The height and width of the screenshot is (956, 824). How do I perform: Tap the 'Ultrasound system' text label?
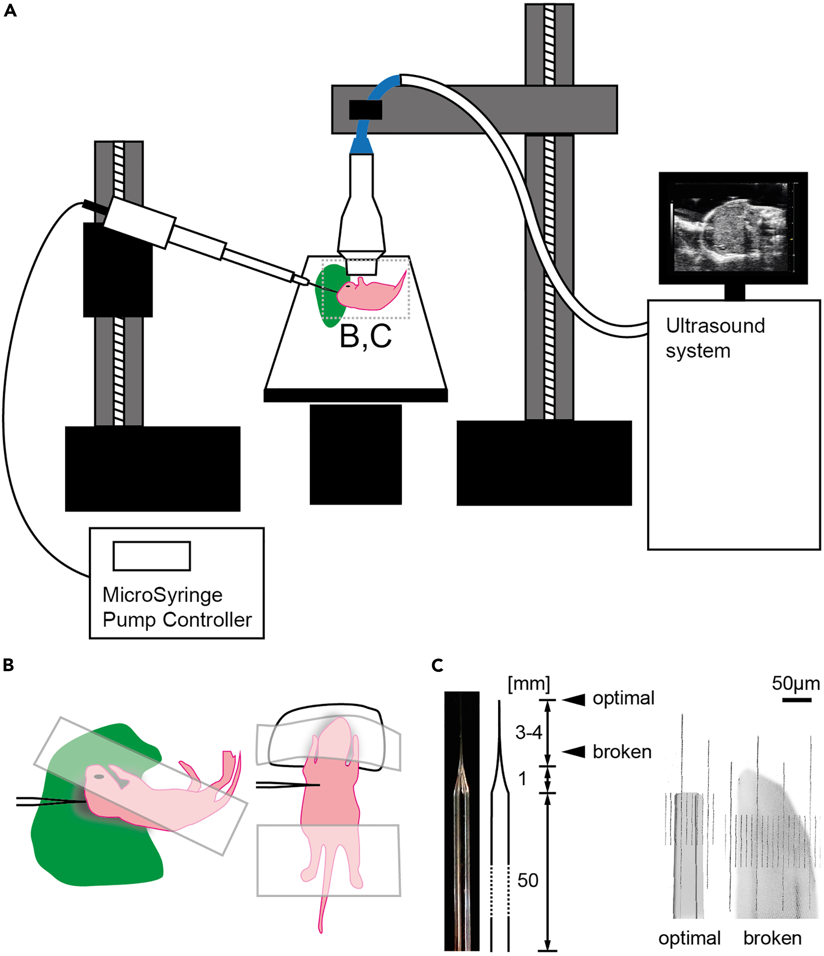(x=715, y=338)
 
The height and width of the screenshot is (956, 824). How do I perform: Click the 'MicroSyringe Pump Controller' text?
(x=177, y=607)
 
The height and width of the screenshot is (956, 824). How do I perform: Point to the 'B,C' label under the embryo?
(x=365, y=336)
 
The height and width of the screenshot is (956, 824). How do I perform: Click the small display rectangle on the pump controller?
(x=152, y=556)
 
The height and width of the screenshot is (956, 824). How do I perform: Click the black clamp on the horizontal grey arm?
(x=365, y=110)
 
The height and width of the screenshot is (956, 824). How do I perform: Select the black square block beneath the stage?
(x=355, y=454)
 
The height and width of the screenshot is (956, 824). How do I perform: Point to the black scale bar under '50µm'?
(x=797, y=700)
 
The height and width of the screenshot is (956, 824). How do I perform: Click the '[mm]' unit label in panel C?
(x=529, y=684)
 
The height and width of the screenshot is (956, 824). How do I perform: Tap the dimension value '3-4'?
(x=529, y=732)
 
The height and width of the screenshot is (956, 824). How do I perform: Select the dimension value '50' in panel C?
(x=528, y=880)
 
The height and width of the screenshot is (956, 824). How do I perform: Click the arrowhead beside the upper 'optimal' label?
(x=574, y=699)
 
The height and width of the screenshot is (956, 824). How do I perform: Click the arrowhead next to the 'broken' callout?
(x=574, y=751)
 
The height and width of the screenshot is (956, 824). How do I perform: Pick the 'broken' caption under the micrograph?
(x=772, y=938)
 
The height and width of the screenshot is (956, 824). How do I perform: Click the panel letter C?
(x=437, y=665)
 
